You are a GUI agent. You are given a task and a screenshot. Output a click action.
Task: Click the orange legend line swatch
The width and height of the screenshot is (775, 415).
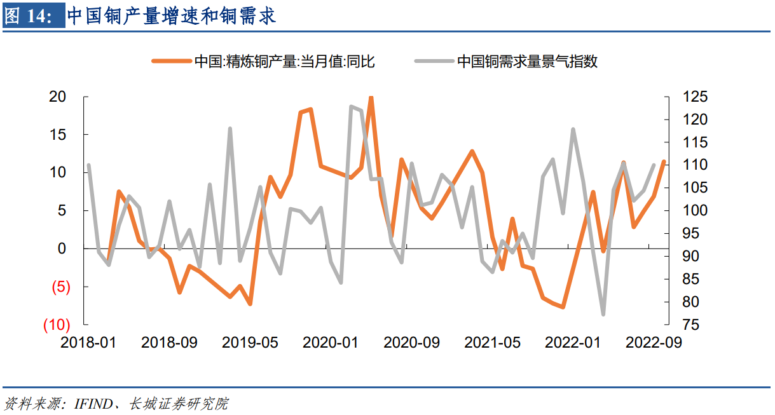point(172,62)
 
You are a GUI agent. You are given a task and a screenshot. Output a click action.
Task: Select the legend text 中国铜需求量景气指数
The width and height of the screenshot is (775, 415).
point(527,62)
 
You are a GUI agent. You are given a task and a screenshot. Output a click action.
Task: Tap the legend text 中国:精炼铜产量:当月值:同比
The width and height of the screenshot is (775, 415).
point(284,62)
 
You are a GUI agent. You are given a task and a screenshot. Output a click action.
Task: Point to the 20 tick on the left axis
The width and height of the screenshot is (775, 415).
point(58,97)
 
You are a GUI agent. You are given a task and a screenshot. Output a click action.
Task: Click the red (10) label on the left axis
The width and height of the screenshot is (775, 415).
point(56,325)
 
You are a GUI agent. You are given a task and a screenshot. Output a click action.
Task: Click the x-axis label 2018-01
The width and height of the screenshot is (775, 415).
point(88,343)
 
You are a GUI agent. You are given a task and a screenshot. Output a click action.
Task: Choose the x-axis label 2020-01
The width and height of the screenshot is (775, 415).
point(331,343)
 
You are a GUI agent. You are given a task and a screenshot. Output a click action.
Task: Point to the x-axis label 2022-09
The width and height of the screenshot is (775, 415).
point(654,343)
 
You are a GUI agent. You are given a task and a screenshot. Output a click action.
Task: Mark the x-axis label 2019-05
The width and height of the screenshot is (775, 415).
point(250,343)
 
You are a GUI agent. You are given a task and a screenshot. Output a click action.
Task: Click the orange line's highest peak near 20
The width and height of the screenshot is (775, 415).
point(371,98)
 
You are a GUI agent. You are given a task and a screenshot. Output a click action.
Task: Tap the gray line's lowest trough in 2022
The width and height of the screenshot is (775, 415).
point(603,315)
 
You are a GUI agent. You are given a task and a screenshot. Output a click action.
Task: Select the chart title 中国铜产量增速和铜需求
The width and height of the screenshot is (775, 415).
point(172,15)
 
